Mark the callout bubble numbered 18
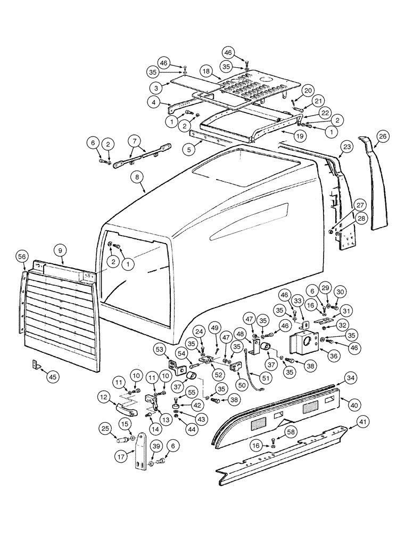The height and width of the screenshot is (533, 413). click(206, 71)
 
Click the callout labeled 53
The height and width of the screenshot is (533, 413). click(159, 349)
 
